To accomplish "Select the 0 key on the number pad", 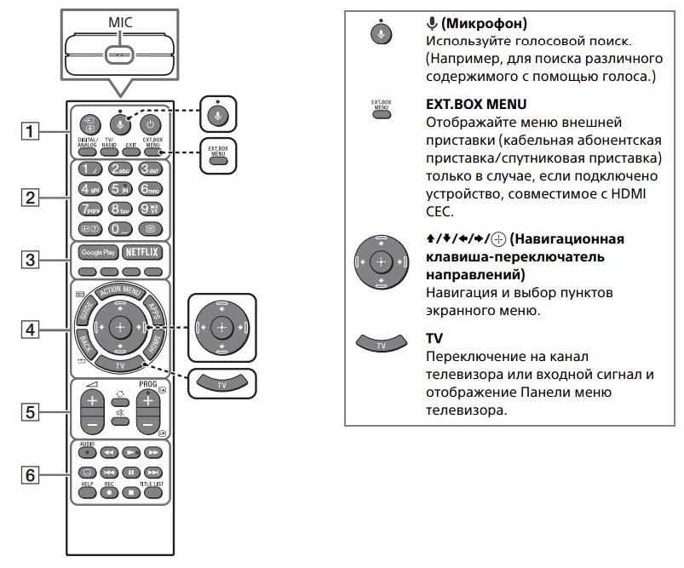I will [x=120, y=228].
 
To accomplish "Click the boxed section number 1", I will [x=31, y=132].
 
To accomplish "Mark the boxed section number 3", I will [x=31, y=259].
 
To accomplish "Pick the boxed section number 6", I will [x=31, y=474].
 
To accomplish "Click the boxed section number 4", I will [x=31, y=328].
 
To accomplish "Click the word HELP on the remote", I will [x=87, y=484].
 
